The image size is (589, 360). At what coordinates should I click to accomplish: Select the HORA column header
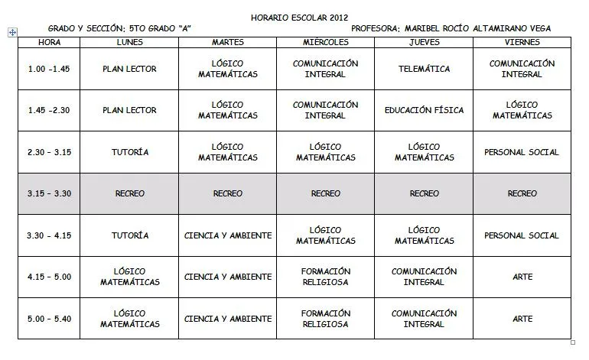(49, 42)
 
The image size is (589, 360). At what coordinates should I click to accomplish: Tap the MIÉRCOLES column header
(325, 42)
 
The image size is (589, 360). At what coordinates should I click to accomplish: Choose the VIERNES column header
(522, 42)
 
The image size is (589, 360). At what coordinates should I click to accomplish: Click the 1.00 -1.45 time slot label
(49, 69)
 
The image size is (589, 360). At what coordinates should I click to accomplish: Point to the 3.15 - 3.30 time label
(49, 193)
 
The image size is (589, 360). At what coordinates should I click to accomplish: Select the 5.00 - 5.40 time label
(49, 318)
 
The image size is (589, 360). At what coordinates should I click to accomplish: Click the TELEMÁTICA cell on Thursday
(424, 69)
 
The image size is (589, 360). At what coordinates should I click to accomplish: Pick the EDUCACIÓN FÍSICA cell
(424, 110)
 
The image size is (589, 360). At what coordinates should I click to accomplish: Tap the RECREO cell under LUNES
(129, 193)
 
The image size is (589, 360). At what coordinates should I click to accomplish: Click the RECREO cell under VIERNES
(522, 193)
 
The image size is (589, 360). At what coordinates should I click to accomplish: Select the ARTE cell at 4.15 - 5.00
(522, 277)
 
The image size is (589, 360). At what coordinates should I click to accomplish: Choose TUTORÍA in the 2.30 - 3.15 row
(129, 152)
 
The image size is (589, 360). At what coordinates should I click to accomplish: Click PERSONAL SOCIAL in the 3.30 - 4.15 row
(522, 235)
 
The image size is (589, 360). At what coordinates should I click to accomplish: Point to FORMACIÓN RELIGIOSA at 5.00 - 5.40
(325, 318)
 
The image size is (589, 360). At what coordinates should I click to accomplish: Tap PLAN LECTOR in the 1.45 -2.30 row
(129, 110)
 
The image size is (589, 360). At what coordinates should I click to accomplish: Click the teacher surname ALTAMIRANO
(489, 29)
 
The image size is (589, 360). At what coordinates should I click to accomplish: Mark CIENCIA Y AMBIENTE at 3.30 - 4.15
(228, 235)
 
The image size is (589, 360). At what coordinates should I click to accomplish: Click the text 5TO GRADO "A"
(164, 29)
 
